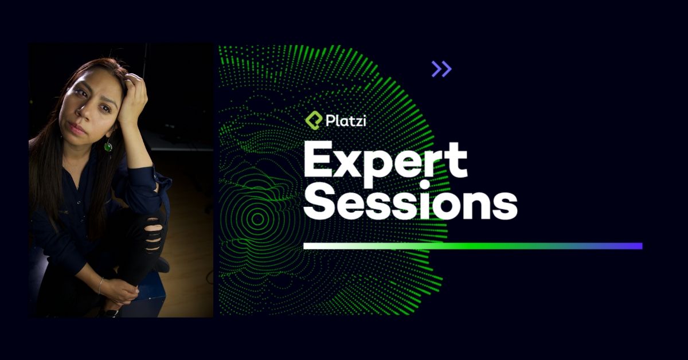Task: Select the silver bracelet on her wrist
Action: coord(100,285)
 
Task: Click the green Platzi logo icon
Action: coord(313,121)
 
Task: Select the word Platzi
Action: coord(345,121)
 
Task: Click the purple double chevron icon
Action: coord(441,69)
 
